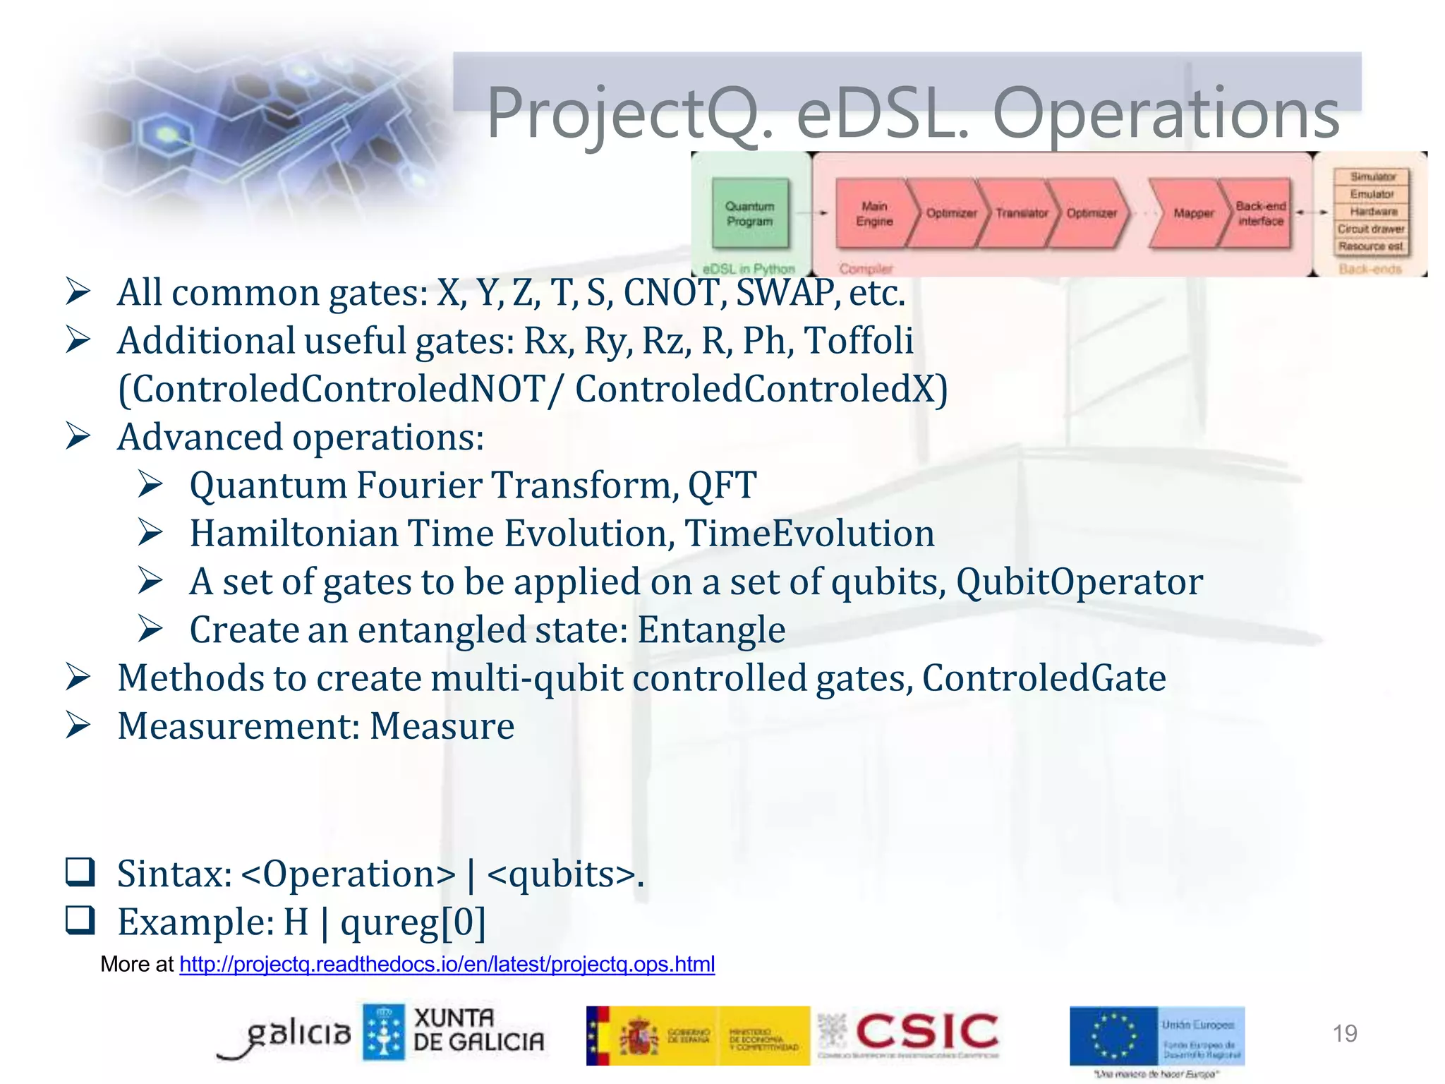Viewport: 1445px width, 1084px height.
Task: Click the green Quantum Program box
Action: point(750,213)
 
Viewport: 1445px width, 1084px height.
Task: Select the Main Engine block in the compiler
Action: point(873,213)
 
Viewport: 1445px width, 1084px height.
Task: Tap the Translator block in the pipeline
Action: point(1020,213)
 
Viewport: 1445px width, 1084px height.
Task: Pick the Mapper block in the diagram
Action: point(1192,213)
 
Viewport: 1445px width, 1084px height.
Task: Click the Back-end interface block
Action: point(1260,213)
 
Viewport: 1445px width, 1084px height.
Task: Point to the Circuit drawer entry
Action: point(1370,229)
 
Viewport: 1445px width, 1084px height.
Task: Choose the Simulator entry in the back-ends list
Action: point(1372,176)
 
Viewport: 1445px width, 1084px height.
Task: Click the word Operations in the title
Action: point(1166,113)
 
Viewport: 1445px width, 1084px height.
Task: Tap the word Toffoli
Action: point(859,341)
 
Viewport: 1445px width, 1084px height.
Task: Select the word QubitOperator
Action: point(1079,582)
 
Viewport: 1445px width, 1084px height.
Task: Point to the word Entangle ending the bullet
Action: point(711,630)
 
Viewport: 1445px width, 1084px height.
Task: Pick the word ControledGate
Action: point(1044,678)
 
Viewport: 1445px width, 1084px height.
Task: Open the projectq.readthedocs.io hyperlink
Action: point(447,964)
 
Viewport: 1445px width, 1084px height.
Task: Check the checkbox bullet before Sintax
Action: point(80,872)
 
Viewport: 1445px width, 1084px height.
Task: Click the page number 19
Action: point(1344,1033)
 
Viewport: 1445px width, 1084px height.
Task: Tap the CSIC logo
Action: point(926,1032)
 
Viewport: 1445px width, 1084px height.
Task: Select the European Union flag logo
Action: point(1113,1036)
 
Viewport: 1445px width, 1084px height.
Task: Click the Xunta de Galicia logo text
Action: point(478,1030)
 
